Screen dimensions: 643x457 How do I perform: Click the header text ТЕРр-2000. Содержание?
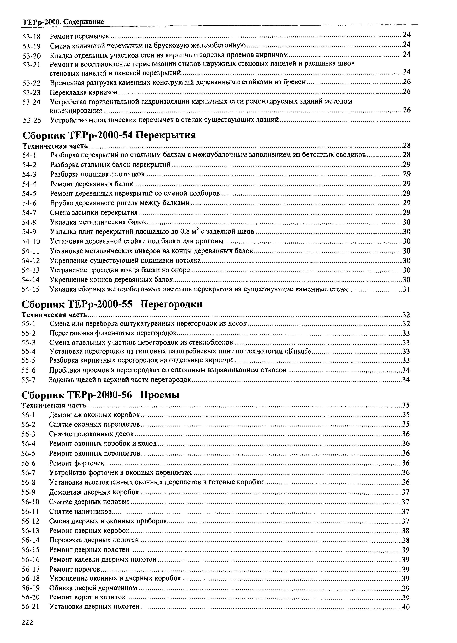point(63,22)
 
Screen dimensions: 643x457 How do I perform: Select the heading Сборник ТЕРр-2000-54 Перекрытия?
point(109,135)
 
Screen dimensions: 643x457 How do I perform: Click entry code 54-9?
point(29,232)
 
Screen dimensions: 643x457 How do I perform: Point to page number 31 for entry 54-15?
point(406,289)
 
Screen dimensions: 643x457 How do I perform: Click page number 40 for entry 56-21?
point(406,607)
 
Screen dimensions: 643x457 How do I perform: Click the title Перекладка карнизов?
point(83,92)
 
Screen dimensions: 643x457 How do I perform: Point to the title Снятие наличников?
point(81,511)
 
